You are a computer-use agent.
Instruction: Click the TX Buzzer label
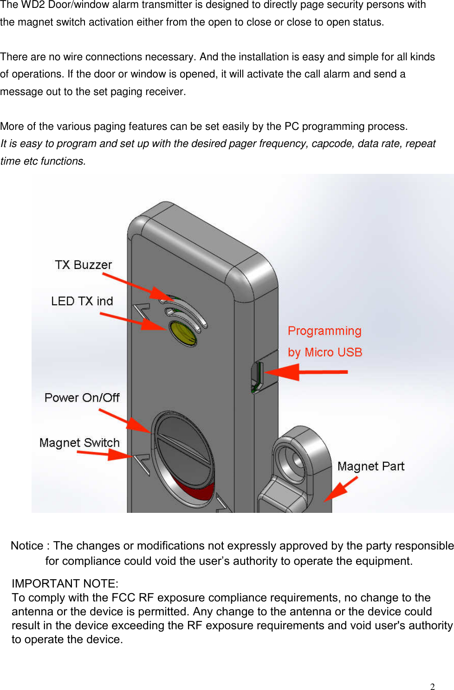tap(84, 265)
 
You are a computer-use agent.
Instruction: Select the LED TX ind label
tap(82, 301)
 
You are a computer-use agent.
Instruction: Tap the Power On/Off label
tap(82, 397)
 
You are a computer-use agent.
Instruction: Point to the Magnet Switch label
tap(79, 442)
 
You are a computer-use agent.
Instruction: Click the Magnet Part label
tap(370, 466)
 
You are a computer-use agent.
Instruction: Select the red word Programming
tap(324, 331)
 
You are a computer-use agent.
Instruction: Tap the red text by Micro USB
tap(324, 352)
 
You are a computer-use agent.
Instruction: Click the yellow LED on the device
tap(183, 333)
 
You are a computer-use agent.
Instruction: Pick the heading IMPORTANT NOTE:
tap(65, 583)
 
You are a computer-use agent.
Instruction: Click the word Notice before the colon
tap(27, 546)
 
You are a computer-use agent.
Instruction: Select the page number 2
tap(432, 687)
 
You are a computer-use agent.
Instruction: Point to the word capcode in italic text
tap(332, 144)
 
